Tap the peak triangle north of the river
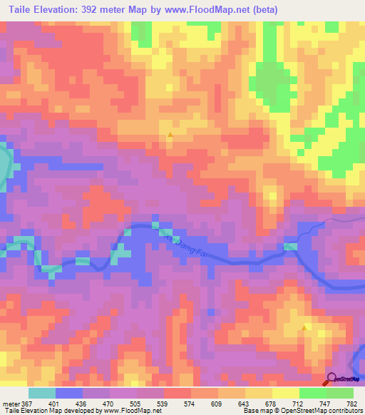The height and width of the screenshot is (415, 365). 170,134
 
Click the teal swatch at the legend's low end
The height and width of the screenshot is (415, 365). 42,393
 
